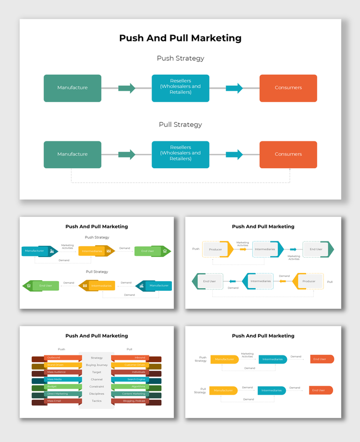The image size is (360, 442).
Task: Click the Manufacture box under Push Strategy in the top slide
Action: click(73, 88)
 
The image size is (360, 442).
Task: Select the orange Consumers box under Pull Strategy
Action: click(288, 154)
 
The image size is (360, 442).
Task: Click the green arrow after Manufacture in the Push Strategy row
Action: click(127, 88)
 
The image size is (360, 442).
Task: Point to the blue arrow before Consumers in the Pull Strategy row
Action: click(234, 155)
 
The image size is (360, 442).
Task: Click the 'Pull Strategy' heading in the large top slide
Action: click(181, 125)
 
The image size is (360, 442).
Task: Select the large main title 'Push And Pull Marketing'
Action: click(181, 38)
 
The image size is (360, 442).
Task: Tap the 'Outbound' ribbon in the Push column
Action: click(56, 358)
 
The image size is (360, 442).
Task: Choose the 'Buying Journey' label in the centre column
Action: click(97, 365)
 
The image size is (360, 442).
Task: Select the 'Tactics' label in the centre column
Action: click(97, 401)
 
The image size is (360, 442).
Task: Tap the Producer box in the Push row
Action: click(217, 249)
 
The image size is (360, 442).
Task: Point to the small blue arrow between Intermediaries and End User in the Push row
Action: click(293, 249)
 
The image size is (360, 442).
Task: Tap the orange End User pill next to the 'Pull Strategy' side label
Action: click(321, 390)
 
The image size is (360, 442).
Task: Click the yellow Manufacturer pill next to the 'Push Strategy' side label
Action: click(224, 359)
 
